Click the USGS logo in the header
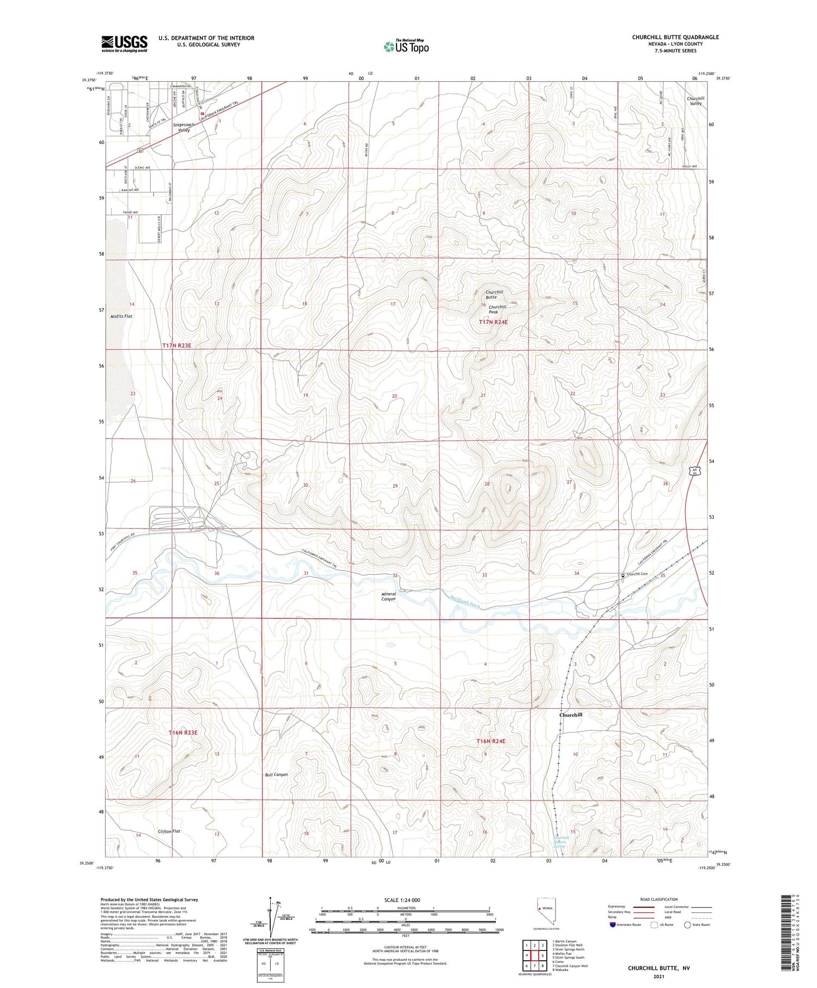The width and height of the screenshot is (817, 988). [x=124, y=44]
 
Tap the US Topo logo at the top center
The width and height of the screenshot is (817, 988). [x=406, y=46]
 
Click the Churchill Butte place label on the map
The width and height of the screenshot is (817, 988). [x=491, y=295]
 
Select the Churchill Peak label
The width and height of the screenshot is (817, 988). [x=497, y=309]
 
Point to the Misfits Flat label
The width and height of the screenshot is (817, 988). [x=121, y=316]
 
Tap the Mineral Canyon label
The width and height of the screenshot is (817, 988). [x=388, y=596]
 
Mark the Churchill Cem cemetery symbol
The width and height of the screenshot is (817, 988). [x=623, y=575]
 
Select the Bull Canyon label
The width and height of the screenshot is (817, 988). [x=276, y=774]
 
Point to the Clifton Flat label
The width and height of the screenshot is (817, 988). [x=169, y=831]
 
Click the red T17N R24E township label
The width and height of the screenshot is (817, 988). [x=493, y=322]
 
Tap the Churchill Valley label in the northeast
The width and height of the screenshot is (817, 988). [x=696, y=101]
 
